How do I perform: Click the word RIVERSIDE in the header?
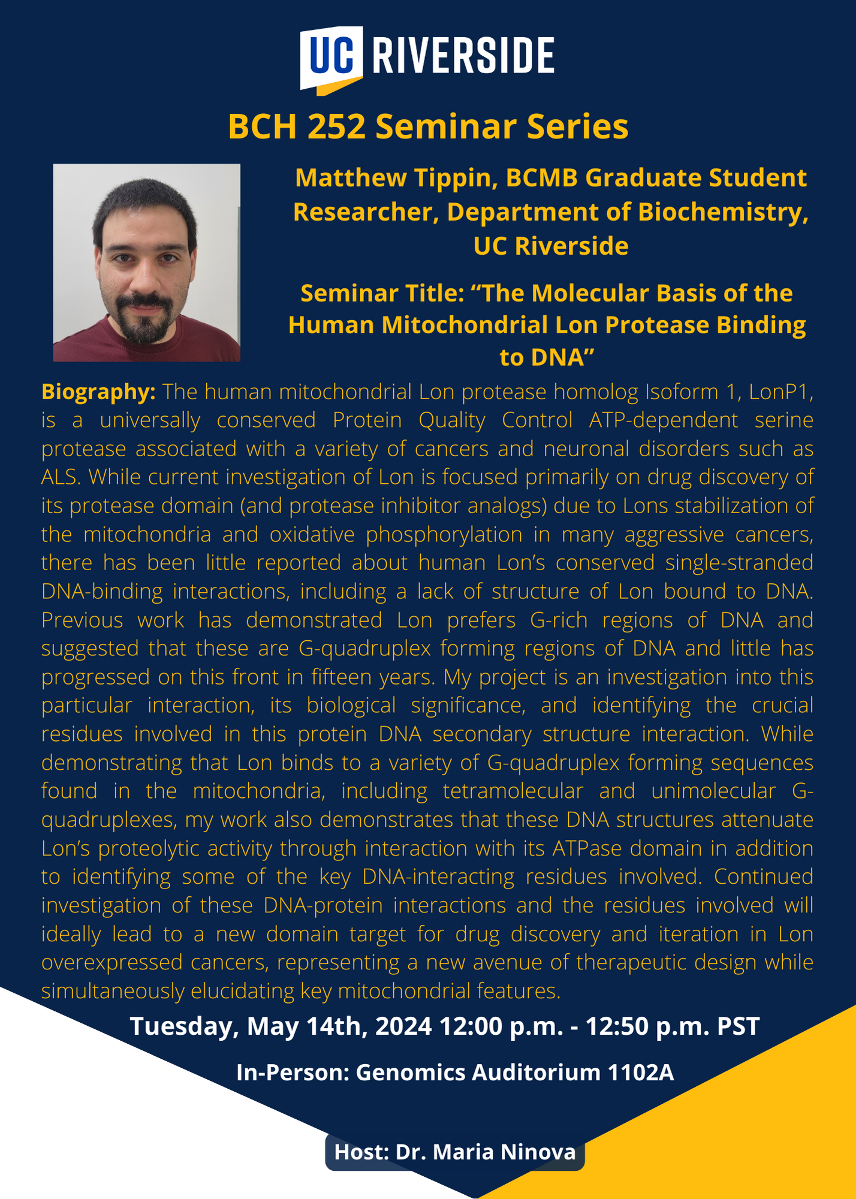coord(463,56)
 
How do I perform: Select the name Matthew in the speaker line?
coord(340,178)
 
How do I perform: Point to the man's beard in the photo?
coord(146,315)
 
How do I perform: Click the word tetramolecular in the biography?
coord(513,791)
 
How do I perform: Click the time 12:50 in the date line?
coord(617,1026)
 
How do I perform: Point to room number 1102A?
coord(641,1073)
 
